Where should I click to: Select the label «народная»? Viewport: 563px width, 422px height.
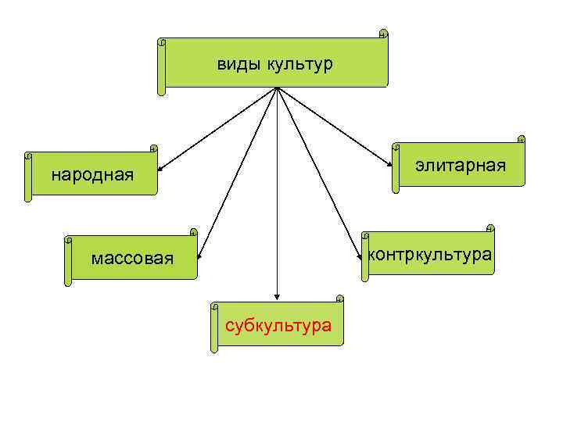[92, 174]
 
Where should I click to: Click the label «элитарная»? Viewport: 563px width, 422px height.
[461, 166]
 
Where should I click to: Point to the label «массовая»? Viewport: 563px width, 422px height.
[131, 257]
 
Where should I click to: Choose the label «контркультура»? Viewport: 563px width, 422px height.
[429, 254]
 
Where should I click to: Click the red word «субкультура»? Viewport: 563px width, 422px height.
[278, 325]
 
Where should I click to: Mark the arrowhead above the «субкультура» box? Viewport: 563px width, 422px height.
[277, 297]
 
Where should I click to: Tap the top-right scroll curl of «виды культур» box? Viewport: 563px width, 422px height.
[383, 34]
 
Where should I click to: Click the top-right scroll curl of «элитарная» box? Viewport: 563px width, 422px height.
[521, 139]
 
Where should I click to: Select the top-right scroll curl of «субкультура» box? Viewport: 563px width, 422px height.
[339, 298]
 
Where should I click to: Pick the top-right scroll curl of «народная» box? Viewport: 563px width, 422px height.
[153, 147]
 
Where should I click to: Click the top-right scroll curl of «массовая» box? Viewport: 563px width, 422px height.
[193, 231]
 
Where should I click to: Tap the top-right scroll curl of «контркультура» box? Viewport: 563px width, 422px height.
[490, 228]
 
